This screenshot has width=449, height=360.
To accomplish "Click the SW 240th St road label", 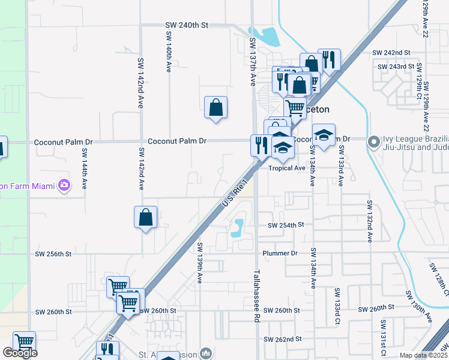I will (x=187, y=26).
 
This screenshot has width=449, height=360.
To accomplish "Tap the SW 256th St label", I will (x=53, y=254).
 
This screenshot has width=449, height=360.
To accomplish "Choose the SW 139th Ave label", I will (x=199, y=264).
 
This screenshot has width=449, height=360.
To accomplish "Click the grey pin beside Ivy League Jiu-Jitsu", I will (x=374, y=142).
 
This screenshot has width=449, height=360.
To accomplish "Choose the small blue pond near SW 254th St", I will (x=239, y=226).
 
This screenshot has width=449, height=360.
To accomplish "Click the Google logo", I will (x=20, y=353).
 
